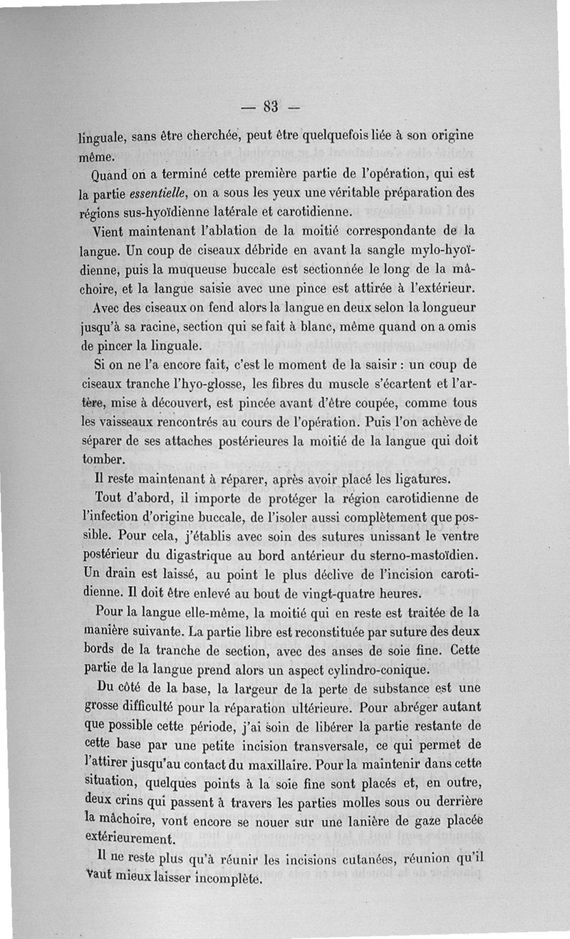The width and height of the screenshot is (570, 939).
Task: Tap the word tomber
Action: click(103, 459)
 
